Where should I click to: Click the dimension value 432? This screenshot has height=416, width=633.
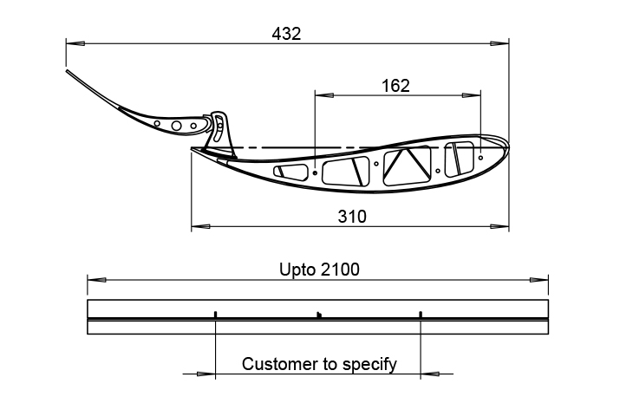point(286,34)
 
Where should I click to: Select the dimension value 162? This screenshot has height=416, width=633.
point(395,86)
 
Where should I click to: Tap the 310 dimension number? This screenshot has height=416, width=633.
point(352,217)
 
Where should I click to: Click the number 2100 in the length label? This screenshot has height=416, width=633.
point(340,270)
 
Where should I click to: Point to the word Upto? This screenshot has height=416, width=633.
point(297,270)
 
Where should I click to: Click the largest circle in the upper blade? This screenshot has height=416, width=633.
point(176,126)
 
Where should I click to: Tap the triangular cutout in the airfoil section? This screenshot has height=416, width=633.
point(407,166)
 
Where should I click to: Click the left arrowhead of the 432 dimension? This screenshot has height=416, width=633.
point(75,42)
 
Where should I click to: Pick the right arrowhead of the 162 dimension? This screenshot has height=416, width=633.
point(471,95)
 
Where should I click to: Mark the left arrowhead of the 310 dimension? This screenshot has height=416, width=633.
point(200,227)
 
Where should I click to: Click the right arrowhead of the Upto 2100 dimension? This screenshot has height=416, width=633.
point(538,280)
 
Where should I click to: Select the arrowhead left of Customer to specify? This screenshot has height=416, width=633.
point(206,374)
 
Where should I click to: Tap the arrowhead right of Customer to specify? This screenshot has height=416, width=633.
point(430,374)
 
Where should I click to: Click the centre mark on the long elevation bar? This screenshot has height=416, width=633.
point(319,315)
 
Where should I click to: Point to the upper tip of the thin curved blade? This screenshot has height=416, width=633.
point(67,70)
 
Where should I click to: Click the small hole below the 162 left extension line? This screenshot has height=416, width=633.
point(315,172)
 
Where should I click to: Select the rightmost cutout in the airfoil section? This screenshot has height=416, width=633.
point(459,159)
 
